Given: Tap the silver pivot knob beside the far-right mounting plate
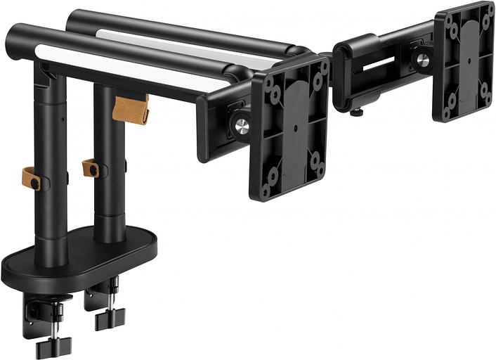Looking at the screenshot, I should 423,60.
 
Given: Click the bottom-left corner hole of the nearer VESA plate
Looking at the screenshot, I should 266,189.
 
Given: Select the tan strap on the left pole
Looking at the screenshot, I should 31,179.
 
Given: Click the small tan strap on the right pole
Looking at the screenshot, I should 90,168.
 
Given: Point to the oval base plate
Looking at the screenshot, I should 77,260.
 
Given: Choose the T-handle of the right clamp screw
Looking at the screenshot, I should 110,319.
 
